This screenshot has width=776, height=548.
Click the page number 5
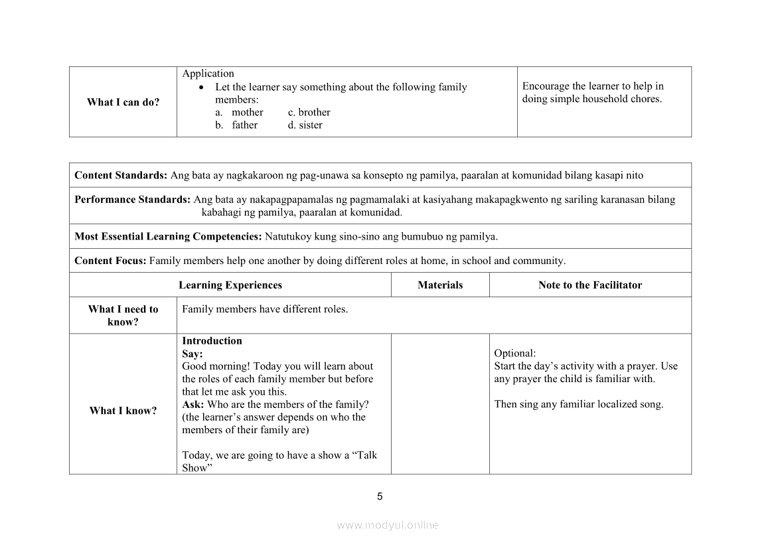point(380,496)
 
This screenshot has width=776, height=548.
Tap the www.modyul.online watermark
point(388,525)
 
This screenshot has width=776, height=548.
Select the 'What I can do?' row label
point(123,102)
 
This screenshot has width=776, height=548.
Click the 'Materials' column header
point(440,285)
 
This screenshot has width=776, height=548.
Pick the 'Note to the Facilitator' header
point(590,285)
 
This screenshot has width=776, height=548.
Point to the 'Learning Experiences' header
point(230,285)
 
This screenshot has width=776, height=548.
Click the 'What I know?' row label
point(123,411)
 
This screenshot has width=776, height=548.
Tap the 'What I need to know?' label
point(123,316)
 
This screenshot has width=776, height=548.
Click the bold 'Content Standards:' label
point(121,176)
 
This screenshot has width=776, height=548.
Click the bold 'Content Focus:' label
point(110,261)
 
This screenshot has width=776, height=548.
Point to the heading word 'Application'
point(208,74)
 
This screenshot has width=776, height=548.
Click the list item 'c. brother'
point(309,112)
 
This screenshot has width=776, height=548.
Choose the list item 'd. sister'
point(305,125)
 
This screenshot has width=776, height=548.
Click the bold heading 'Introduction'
point(212,341)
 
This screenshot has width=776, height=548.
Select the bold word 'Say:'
point(193,354)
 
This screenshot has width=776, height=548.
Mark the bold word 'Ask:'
point(193,405)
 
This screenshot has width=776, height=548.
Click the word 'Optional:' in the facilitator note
point(514,354)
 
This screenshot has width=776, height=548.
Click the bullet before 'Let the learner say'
point(202,88)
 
